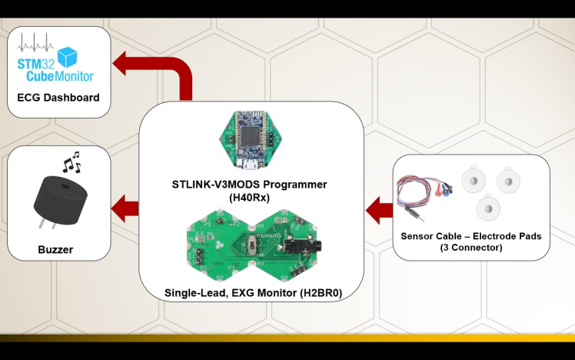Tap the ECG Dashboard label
click(58, 98)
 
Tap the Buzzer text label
click(56, 250)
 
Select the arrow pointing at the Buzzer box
click(125, 207)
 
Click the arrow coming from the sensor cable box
click(378, 207)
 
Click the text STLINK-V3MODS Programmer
click(250, 185)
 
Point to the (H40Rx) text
click(250, 197)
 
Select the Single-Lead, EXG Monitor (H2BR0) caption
click(253, 293)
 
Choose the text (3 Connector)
click(470, 248)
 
